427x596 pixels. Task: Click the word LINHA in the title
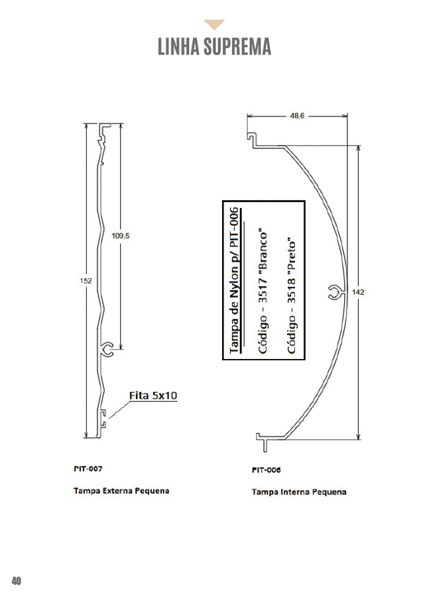(178, 46)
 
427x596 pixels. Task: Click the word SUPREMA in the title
(237, 46)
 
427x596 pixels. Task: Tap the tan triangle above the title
(214, 25)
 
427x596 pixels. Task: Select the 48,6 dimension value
(297, 115)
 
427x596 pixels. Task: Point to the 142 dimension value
(358, 292)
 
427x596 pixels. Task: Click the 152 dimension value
(86, 281)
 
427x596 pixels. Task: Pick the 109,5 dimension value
(120, 236)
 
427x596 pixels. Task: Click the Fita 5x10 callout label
(153, 395)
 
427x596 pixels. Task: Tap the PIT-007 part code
(88, 469)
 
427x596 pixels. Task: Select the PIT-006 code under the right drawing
(266, 470)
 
